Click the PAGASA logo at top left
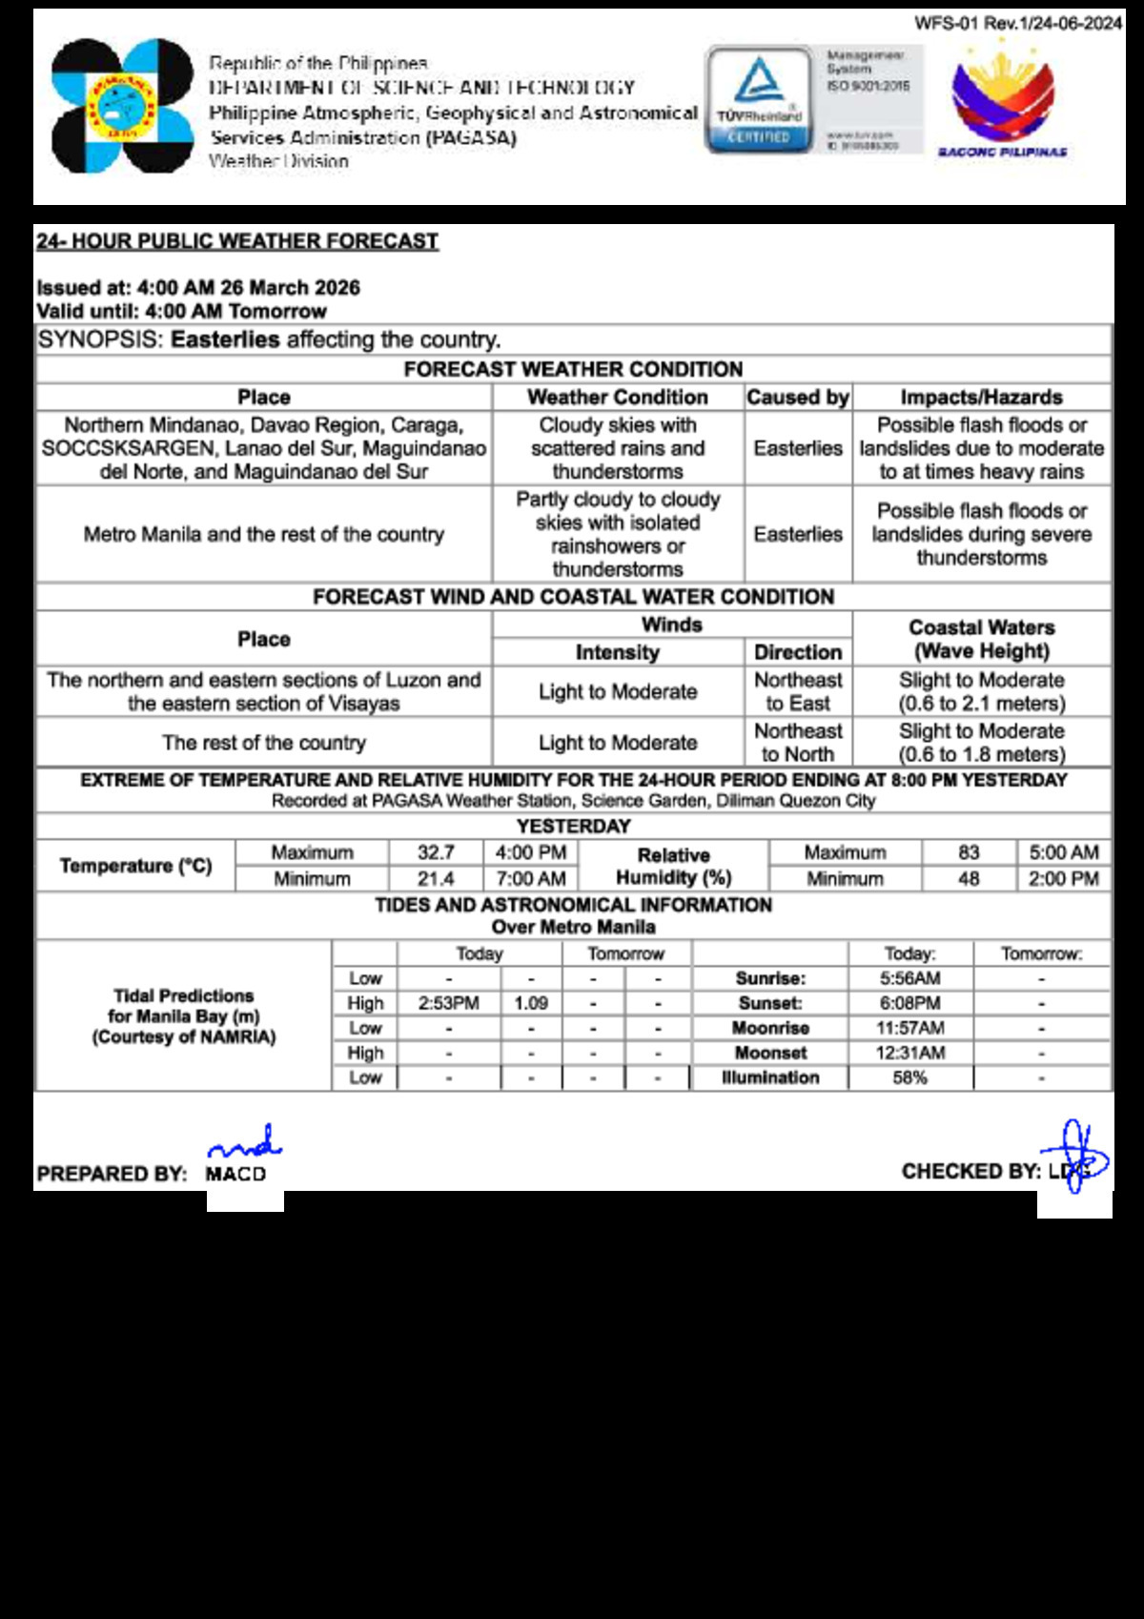click(x=122, y=106)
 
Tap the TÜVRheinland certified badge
click(x=759, y=100)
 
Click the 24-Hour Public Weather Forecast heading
click(x=237, y=241)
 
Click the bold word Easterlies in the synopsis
click(x=225, y=340)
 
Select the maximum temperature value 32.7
click(x=436, y=852)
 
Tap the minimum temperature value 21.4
click(x=436, y=878)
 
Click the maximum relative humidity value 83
click(x=969, y=852)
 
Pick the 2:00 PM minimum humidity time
click(x=1063, y=878)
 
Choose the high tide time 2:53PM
click(x=449, y=1003)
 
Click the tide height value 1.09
click(x=531, y=1003)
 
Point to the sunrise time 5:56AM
click(x=909, y=978)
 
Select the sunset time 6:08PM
click(x=909, y=1003)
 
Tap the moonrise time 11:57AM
click(x=909, y=1028)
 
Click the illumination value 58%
click(x=909, y=1077)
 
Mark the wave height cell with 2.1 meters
click(x=982, y=691)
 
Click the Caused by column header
click(x=798, y=398)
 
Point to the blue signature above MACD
click(x=245, y=1142)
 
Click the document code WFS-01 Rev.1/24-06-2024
click(x=1018, y=23)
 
